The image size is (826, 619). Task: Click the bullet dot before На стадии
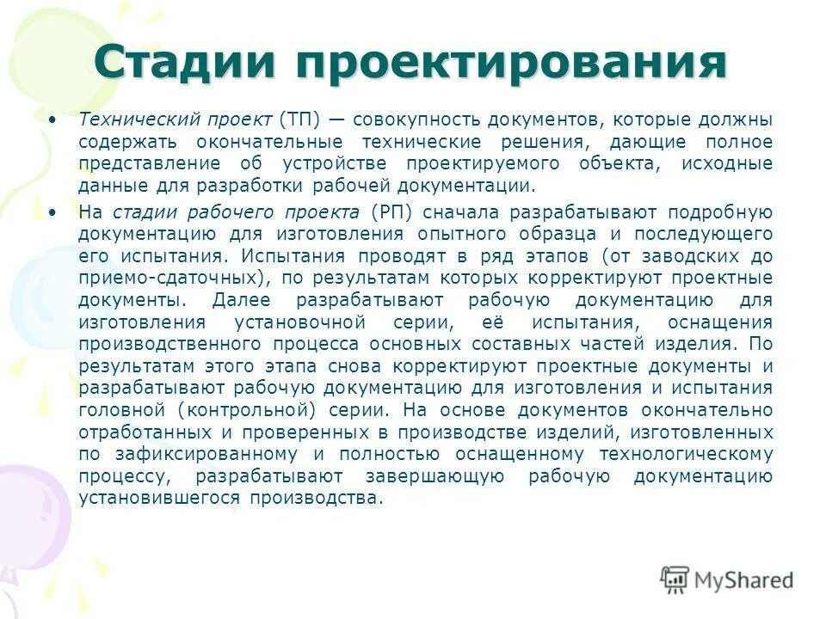(54, 211)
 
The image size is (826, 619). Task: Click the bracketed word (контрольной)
(244, 409)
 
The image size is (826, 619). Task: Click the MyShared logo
(728, 579)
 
